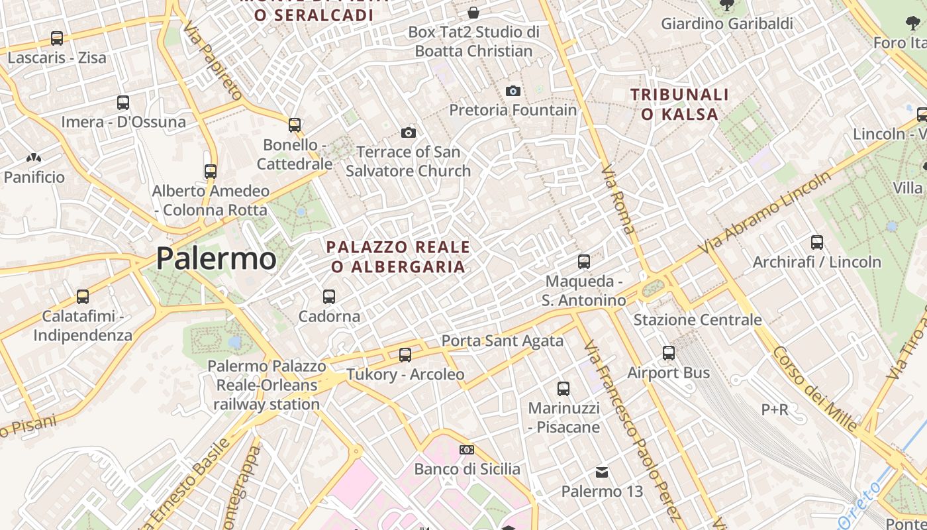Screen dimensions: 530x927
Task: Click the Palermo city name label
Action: (x=216, y=258)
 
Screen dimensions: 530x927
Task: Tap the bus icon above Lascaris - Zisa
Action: (x=57, y=38)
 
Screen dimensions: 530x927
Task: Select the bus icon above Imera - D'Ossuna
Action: (x=123, y=103)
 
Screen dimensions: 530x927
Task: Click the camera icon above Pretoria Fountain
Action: (x=512, y=91)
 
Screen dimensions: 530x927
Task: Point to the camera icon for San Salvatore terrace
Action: (x=409, y=132)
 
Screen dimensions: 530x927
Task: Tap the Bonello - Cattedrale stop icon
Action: (x=295, y=125)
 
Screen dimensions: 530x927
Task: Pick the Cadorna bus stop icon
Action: (x=329, y=296)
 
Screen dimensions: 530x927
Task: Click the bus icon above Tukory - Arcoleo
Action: (x=405, y=355)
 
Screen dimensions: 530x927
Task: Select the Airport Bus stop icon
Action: (x=669, y=353)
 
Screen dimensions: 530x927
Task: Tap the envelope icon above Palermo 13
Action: (x=602, y=472)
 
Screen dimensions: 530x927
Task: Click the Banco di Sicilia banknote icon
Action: (x=467, y=450)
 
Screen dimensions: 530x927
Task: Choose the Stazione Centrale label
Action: (x=697, y=320)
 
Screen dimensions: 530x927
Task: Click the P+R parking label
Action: (x=775, y=409)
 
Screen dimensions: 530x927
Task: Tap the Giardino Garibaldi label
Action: (x=727, y=24)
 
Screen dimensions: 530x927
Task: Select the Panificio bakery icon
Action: (x=34, y=158)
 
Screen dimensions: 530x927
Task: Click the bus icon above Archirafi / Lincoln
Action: (x=817, y=242)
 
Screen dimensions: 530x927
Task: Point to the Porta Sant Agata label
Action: (x=502, y=341)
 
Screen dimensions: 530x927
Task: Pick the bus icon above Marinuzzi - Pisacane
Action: (x=563, y=389)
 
